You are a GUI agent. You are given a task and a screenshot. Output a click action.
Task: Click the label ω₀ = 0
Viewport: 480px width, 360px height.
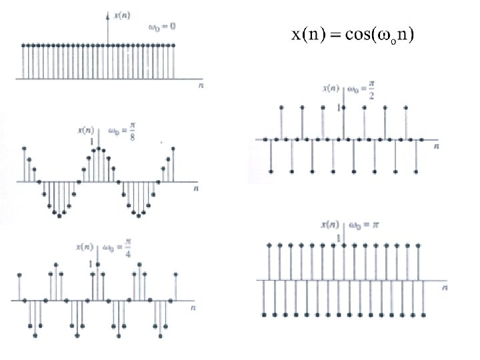coord(162,27)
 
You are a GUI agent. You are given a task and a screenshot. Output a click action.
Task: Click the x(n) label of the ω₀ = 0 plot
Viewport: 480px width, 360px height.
coord(123,15)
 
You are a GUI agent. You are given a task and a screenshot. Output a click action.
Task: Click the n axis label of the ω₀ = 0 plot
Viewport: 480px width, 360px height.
coord(201,86)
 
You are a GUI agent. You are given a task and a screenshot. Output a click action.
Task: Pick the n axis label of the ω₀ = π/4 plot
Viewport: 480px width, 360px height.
coord(193,309)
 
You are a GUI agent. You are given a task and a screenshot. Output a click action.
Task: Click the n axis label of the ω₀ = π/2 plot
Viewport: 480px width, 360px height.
coord(437,145)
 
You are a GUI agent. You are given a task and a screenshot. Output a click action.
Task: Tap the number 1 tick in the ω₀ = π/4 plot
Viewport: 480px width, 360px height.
coord(92,264)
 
